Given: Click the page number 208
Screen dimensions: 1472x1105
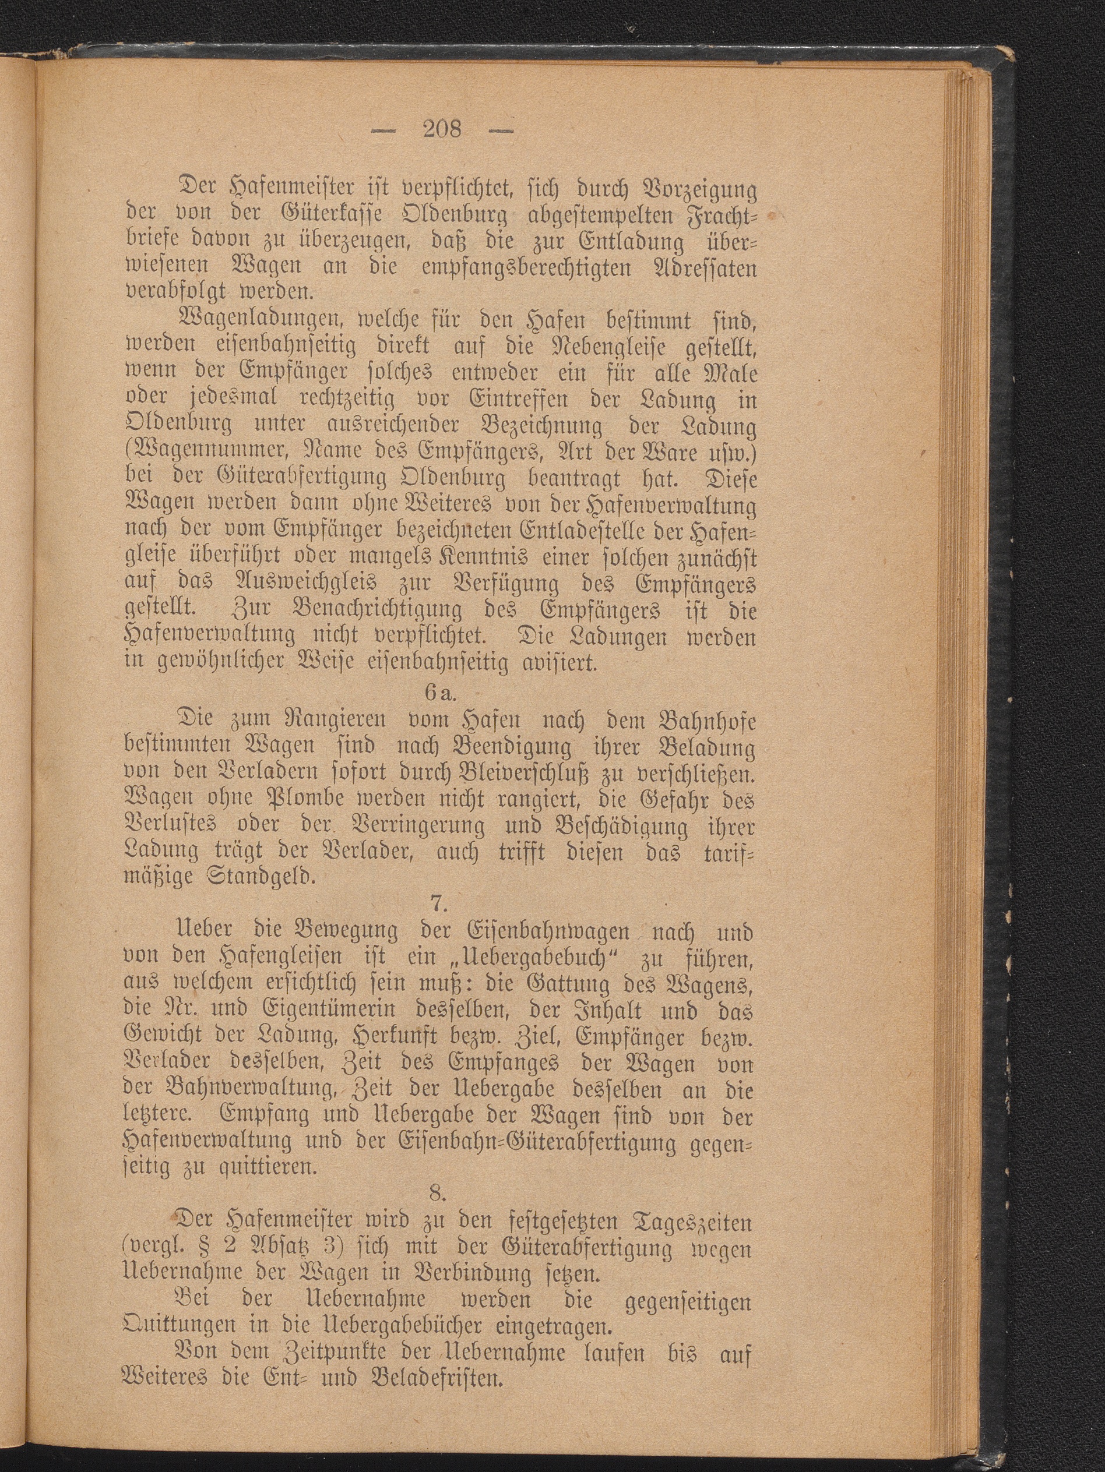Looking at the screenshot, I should click(x=443, y=128).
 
